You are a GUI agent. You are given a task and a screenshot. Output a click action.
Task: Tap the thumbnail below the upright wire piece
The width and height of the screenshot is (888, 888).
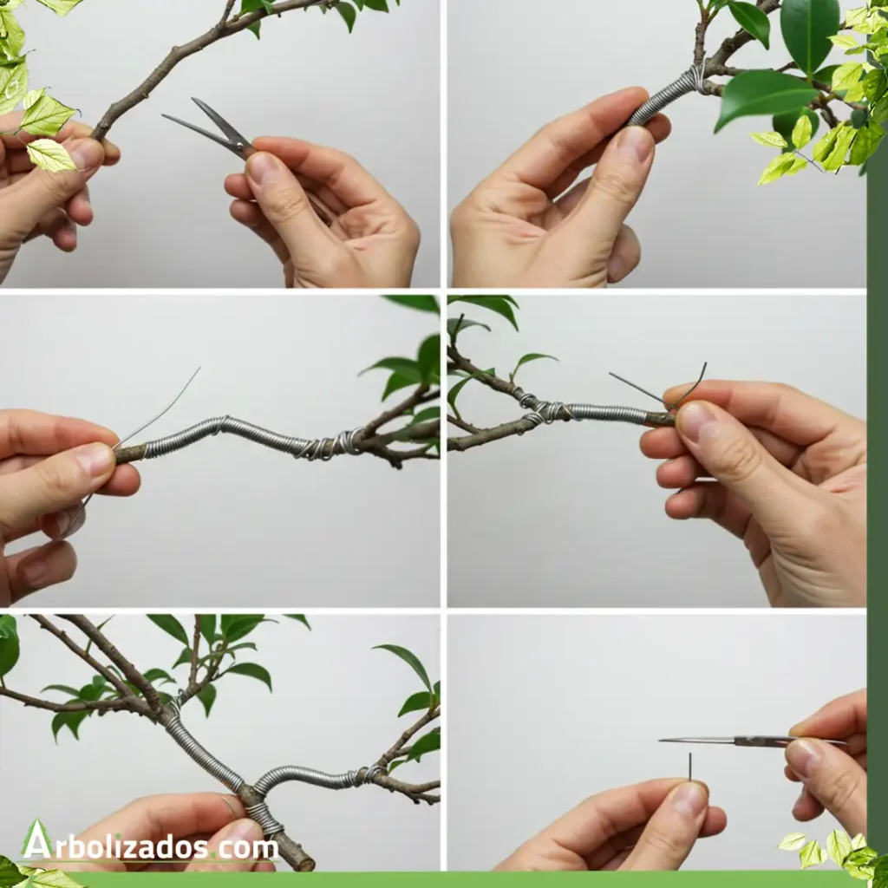(x=688, y=800)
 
